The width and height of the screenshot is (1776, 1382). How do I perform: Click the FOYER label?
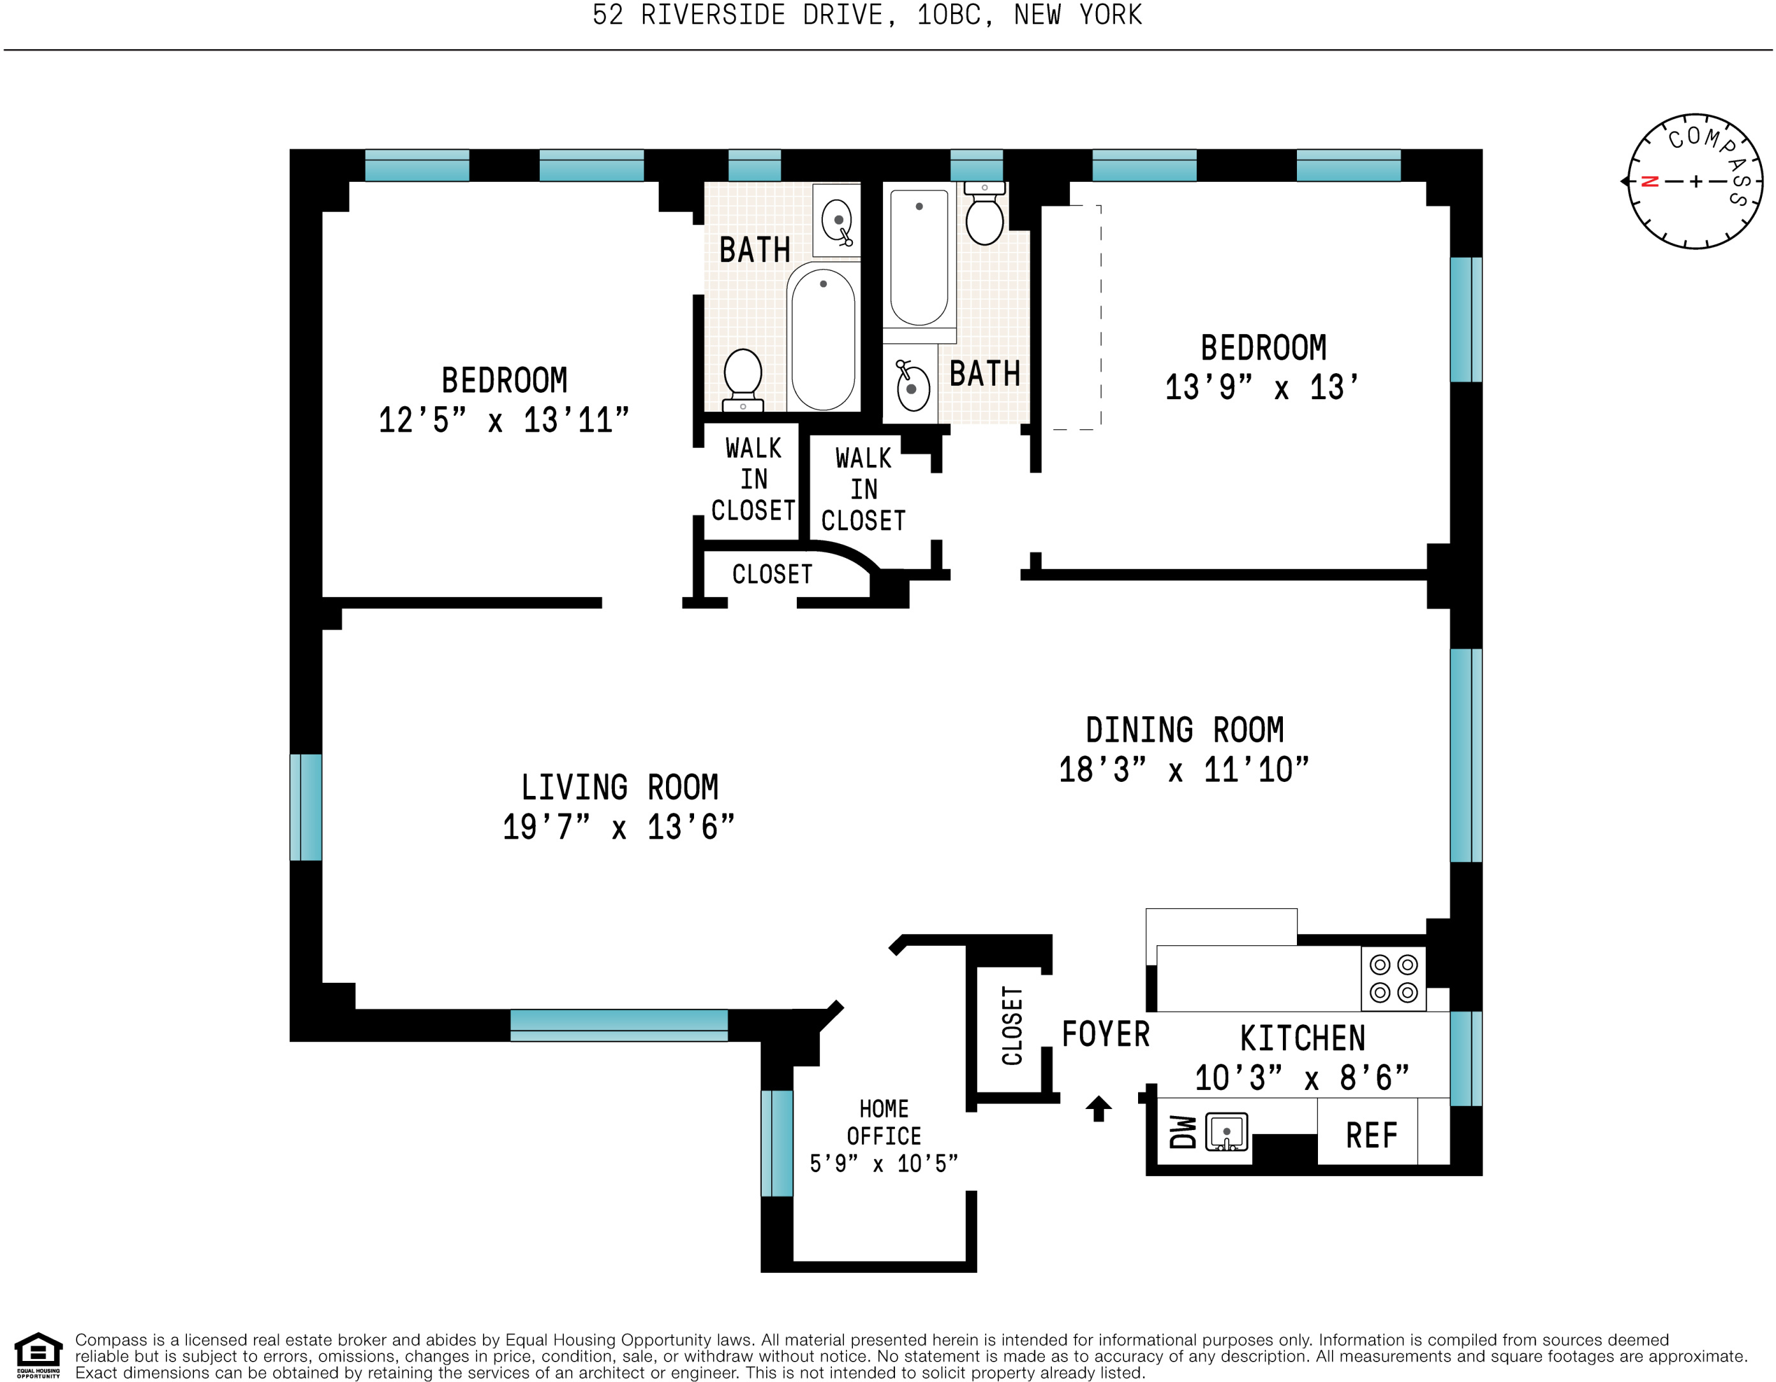click(1105, 1034)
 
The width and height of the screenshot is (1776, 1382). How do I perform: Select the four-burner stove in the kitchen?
click(1393, 979)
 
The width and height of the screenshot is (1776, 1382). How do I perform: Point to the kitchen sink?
click(1226, 1131)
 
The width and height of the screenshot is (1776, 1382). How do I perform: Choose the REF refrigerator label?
click(1371, 1136)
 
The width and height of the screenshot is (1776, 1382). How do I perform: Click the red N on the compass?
click(1650, 181)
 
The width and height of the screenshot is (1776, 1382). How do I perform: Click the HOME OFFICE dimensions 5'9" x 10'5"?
click(884, 1163)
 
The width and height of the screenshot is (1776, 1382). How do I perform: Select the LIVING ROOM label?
click(619, 787)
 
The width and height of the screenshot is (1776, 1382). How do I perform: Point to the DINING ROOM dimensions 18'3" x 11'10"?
click(1184, 769)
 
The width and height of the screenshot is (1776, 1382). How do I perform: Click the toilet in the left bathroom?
click(743, 379)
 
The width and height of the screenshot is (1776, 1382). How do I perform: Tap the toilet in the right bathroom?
click(985, 214)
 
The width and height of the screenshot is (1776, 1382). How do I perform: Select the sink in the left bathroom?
click(837, 220)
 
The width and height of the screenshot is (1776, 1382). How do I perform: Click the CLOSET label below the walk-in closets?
click(772, 574)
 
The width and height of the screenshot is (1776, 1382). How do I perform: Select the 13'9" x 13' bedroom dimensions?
click(1262, 387)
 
